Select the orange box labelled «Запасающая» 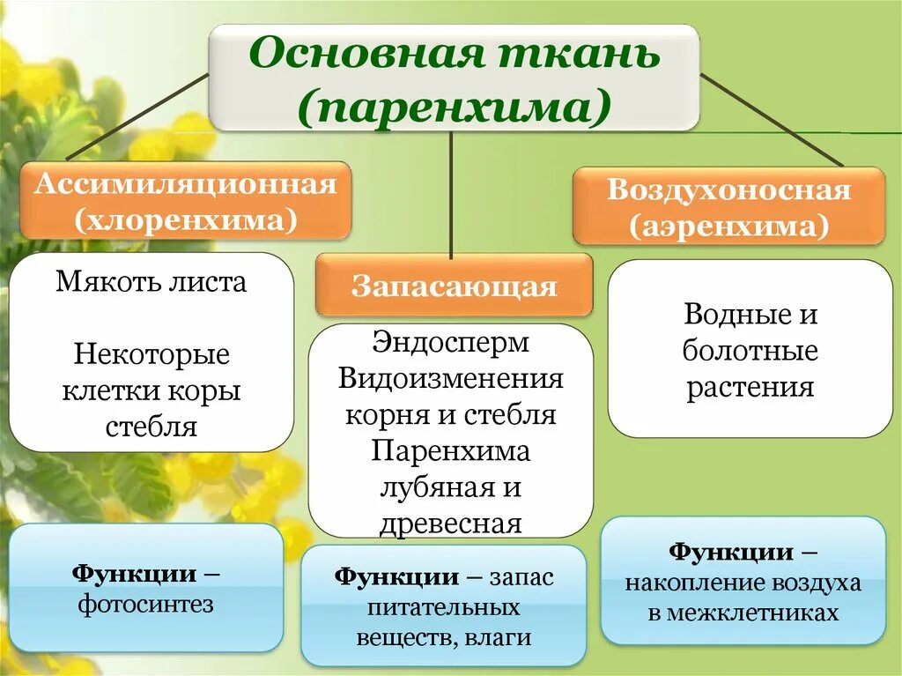454,286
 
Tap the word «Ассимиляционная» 186,185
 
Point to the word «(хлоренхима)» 186,219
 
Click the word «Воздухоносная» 728,191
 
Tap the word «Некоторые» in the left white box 152,355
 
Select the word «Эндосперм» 450,342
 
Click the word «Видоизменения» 450,378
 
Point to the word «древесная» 450,524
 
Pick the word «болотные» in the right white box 750,351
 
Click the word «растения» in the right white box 750,388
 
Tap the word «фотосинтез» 146,605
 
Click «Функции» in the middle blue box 396,577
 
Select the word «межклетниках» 743,613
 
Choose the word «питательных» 443,608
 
